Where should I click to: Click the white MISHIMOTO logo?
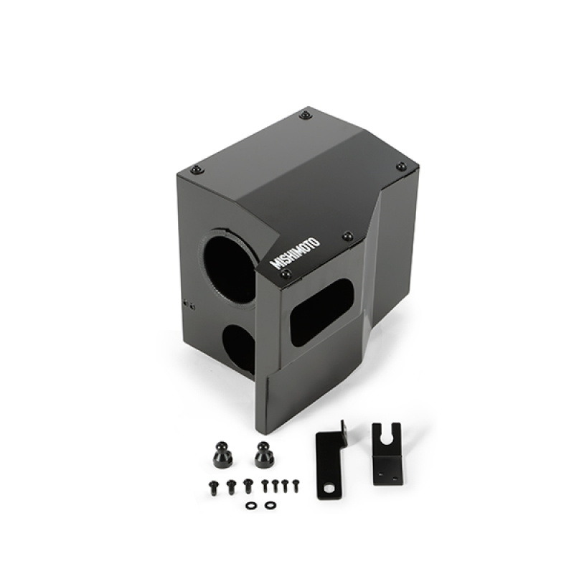coord(296,252)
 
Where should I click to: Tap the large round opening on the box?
coord(229,268)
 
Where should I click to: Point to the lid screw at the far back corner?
coord(306,115)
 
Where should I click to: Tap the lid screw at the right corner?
coord(401,166)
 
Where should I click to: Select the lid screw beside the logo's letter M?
coord(286,274)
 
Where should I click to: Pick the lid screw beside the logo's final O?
coord(347,235)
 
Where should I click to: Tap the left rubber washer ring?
coord(250,505)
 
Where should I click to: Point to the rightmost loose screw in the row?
coord(293,485)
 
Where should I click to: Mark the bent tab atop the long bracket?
coord(344,428)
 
